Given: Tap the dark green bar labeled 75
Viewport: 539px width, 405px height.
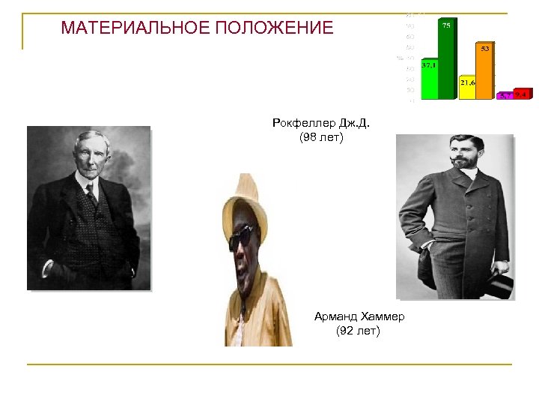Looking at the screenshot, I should tap(447, 60).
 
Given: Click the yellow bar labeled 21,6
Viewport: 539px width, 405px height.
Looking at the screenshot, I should tap(468, 88).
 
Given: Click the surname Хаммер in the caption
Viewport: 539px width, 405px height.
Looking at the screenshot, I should tap(382, 316).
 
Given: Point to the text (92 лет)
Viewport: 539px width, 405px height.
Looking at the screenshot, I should tap(359, 331).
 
